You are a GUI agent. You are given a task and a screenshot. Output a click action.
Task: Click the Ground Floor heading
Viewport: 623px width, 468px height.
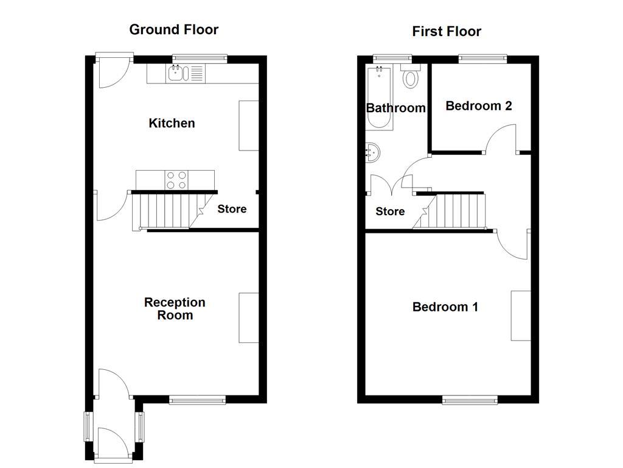(173, 29)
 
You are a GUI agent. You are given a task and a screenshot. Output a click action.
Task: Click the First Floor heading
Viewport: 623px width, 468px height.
(447, 31)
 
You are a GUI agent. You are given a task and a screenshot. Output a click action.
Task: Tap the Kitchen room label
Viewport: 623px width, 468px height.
(172, 123)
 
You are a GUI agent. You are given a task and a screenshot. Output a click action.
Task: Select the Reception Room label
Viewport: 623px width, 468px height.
(175, 308)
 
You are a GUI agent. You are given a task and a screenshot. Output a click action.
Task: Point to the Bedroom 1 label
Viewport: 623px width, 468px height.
(445, 307)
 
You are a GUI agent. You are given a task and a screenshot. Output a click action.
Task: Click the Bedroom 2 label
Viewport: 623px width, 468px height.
(479, 105)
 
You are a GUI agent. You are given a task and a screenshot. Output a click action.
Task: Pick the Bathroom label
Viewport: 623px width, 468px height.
(395, 108)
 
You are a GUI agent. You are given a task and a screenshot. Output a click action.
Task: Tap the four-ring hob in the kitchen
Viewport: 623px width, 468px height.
(176, 180)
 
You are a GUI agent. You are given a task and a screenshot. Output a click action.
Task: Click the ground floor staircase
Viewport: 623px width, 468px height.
(165, 210)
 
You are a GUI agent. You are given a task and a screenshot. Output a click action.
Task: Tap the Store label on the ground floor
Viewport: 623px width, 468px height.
(232, 209)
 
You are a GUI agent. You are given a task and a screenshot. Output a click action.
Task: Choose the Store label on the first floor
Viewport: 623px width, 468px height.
(390, 211)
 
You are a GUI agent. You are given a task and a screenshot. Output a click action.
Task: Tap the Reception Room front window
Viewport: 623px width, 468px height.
(197, 400)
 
